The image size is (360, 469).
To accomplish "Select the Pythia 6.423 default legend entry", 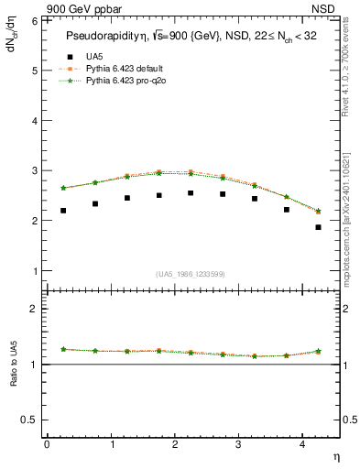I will tap(111, 68).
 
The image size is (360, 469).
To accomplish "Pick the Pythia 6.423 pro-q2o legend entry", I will tap(111, 80).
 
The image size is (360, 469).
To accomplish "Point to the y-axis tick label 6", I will tap(34, 20).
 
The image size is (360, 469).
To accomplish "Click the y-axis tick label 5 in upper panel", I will tap(34, 70).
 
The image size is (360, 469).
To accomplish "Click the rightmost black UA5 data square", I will tap(318, 227).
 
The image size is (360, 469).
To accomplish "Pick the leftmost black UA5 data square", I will tap(63, 211).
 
